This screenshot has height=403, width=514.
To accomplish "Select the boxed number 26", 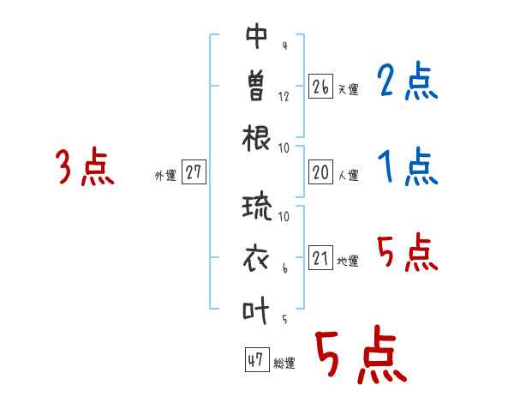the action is tap(321, 86).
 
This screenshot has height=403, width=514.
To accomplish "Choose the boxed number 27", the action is tap(194, 173).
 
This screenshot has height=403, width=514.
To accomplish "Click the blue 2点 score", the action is tap(408, 84).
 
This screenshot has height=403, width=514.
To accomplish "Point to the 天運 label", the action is tap(348, 89).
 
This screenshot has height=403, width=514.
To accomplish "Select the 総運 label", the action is tap(284, 364).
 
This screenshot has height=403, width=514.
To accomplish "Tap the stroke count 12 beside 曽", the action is tap(284, 96).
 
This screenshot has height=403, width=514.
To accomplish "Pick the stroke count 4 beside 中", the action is tap(284, 45).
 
